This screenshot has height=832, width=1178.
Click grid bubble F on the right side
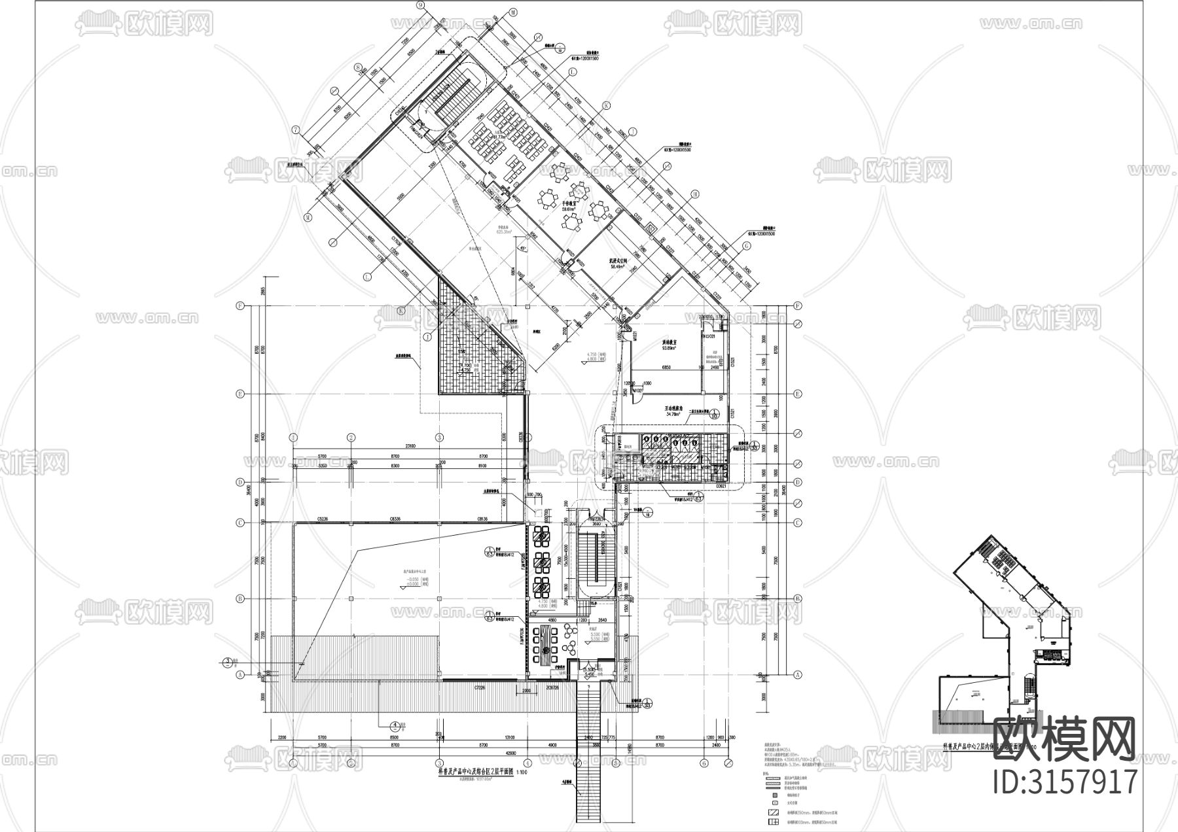pos(798,306)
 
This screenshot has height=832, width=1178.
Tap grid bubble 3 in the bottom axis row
pos(440,762)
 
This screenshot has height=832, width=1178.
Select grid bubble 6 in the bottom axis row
pos(704,762)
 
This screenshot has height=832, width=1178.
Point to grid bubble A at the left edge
pos(240,674)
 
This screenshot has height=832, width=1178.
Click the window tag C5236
pos(322,518)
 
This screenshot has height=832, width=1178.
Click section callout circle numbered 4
pos(395,725)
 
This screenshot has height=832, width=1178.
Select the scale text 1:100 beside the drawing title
pos(522,772)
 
